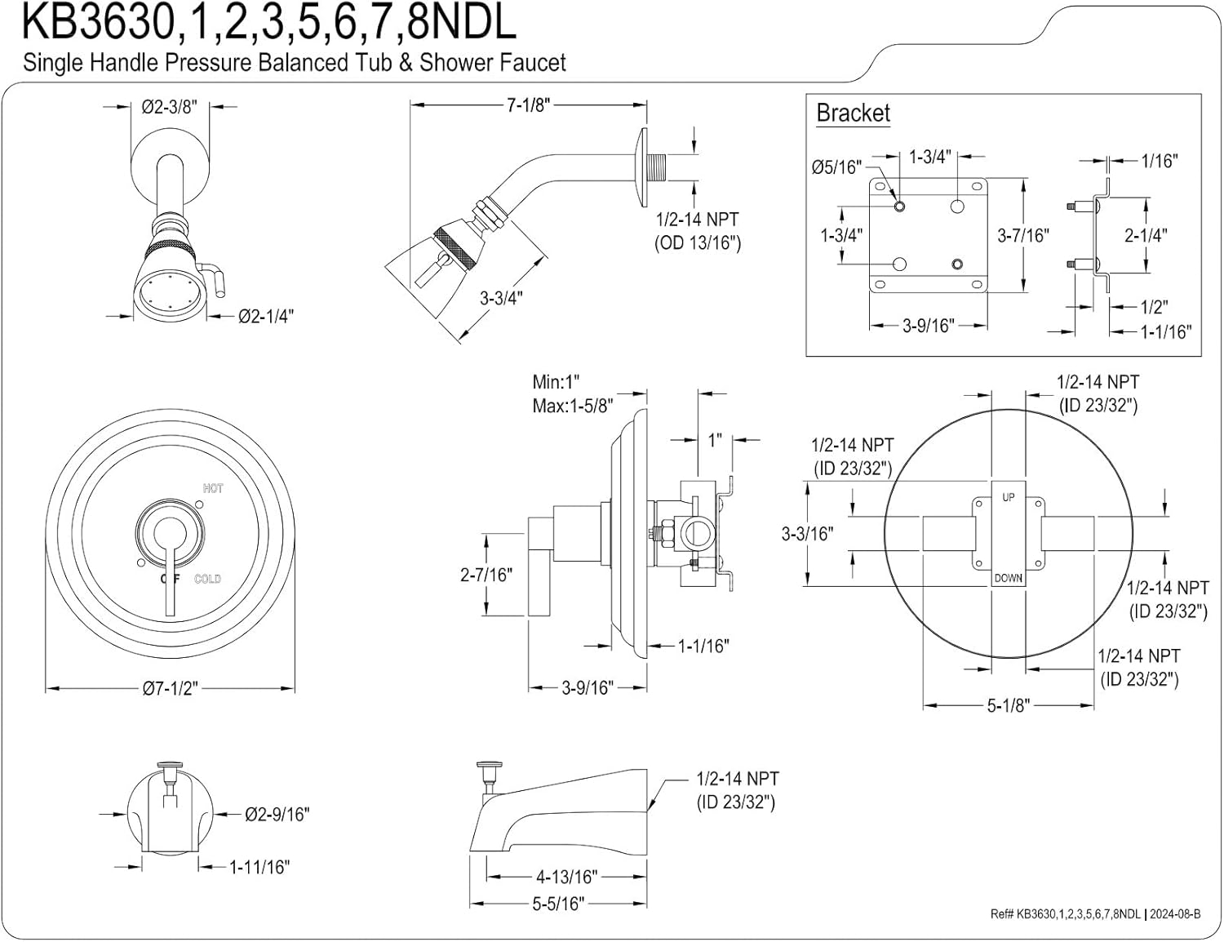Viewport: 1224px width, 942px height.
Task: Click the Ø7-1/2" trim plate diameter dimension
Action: [170, 688]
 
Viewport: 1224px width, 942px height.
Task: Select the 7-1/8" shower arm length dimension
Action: [528, 105]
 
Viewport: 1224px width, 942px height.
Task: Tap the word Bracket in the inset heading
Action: [853, 113]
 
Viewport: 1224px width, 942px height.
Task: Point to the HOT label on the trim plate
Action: [213, 488]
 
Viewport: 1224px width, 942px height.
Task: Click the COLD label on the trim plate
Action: [207, 579]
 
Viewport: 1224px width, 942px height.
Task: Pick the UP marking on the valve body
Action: [1009, 497]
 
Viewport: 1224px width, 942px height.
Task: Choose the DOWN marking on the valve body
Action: [1009, 578]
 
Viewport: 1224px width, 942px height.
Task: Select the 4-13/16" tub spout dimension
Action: [566, 877]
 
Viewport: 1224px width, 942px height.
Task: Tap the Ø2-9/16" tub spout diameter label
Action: [277, 814]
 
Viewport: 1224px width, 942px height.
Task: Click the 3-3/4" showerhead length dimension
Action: [500, 298]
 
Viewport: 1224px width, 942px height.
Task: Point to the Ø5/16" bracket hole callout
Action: [836, 167]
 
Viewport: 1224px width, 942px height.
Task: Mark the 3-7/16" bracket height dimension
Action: [1022, 235]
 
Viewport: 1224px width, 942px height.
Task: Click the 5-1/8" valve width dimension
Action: [1009, 705]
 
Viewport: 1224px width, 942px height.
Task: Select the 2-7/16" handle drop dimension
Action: [486, 575]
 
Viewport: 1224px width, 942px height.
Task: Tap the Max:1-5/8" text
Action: [572, 405]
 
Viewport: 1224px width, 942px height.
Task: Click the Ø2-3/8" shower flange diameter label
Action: [169, 107]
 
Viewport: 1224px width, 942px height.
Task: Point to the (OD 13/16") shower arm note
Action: [698, 242]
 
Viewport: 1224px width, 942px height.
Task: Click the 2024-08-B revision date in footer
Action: [1175, 914]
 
